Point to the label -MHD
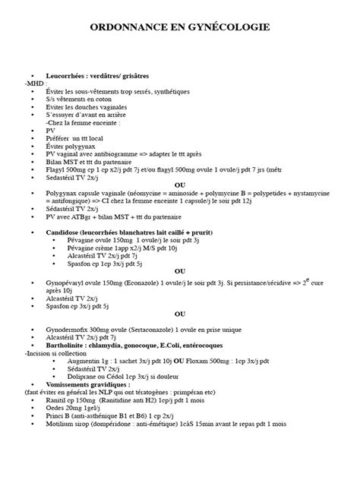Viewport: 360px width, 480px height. (x=35, y=84)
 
